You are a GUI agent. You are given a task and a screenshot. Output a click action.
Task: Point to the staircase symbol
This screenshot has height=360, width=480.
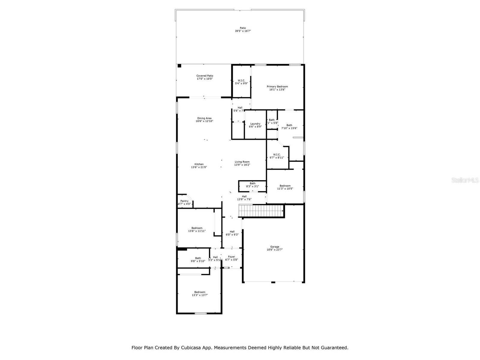point(261,210)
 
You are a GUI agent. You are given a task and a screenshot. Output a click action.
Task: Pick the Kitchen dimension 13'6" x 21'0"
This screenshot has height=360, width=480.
point(199,167)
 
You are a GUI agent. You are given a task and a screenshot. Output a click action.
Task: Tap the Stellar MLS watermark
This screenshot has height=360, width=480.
point(465,180)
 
